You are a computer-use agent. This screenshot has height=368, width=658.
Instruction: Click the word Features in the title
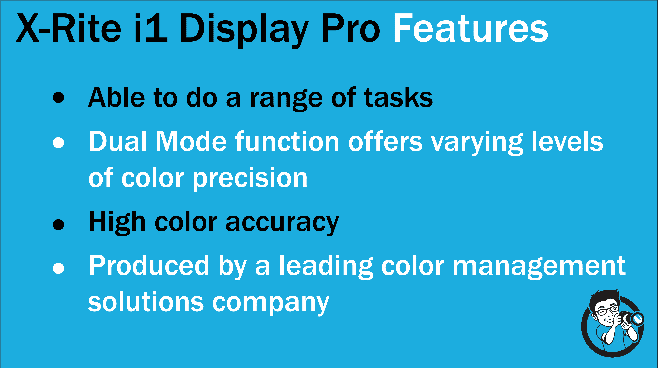click(470, 28)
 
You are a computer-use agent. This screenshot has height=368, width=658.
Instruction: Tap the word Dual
click(118, 141)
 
